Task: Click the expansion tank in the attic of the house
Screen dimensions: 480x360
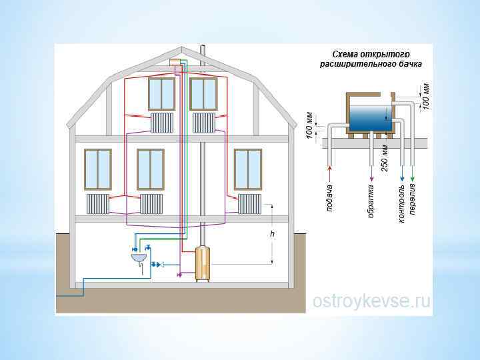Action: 175,62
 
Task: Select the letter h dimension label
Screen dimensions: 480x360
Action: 272,235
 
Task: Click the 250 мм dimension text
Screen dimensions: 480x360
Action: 385,157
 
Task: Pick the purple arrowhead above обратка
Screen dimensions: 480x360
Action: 371,178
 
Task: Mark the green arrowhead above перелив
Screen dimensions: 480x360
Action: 413,178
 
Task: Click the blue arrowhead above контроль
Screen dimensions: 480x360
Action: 401,178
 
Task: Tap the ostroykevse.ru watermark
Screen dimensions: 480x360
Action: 371,301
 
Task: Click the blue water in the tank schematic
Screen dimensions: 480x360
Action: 371,119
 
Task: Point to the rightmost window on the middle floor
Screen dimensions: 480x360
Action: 248,169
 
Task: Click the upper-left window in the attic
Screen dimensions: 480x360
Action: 161,93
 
